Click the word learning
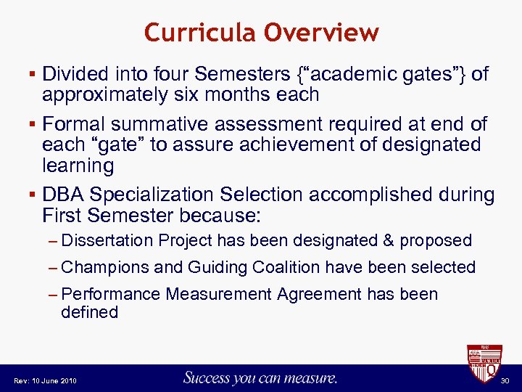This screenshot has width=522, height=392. tap(78, 166)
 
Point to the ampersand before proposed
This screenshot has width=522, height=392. tap(389, 240)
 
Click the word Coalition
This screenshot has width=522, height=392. tap(285, 267)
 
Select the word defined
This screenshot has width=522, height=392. tap(89, 312)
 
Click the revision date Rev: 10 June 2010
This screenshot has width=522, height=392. tap(44, 380)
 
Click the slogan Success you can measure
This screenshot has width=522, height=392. tap(260, 377)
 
